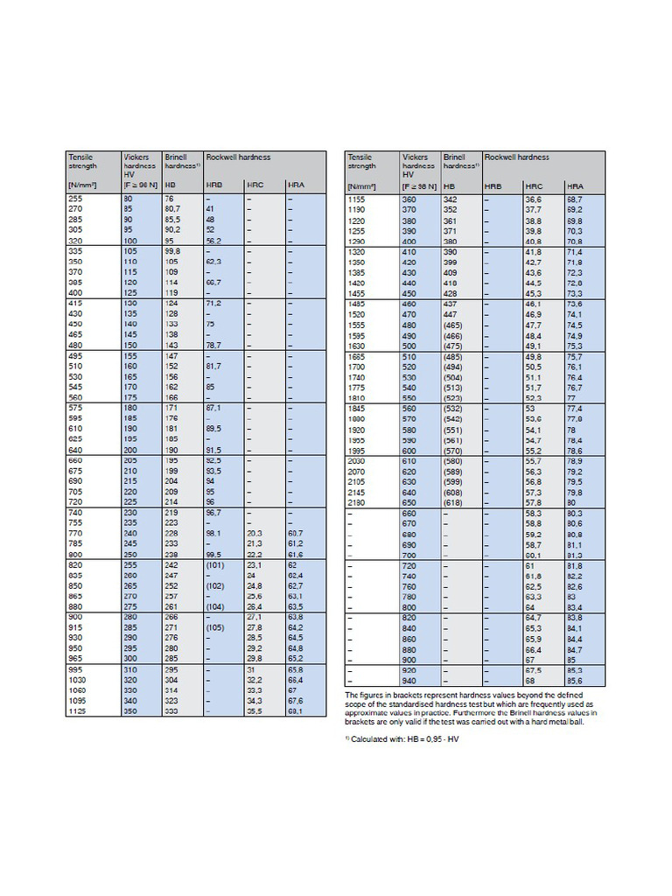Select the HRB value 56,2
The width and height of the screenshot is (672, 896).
click(x=215, y=241)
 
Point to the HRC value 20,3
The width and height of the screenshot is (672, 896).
click(x=255, y=532)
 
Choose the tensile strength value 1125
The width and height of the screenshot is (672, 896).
click(x=78, y=711)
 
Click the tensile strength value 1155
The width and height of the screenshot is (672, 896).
click(x=359, y=199)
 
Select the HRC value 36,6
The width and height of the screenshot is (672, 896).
click(x=533, y=199)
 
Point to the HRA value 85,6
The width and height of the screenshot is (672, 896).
click(x=575, y=680)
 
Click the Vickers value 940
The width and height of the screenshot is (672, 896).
click(x=409, y=680)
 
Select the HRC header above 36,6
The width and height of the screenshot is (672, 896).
click(x=533, y=186)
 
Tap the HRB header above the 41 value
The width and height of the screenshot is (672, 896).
click(x=214, y=186)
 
